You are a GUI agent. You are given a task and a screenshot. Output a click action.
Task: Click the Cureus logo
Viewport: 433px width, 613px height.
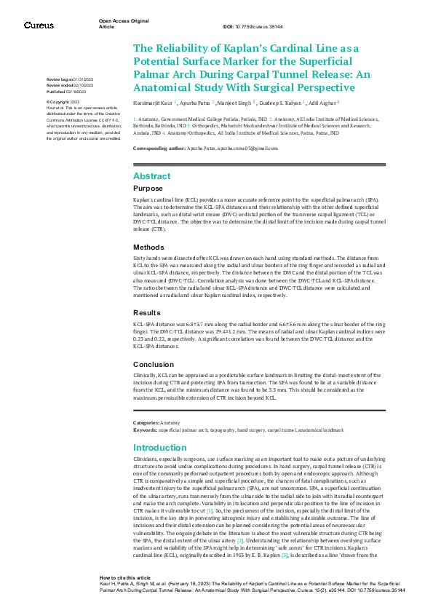click(x=38, y=25)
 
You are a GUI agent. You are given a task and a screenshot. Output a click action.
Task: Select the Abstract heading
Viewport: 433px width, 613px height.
click(x=151, y=176)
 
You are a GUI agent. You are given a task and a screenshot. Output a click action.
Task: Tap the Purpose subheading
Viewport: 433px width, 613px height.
click(x=148, y=188)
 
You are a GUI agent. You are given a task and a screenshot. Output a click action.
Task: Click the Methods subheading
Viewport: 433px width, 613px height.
click(x=148, y=247)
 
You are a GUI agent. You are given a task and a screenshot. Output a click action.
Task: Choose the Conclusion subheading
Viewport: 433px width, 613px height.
click(x=154, y=364)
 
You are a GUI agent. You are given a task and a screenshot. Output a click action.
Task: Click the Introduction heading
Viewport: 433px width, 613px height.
click(x=160, y=448)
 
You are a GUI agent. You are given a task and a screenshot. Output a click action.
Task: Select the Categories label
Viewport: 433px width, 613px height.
click(x=146, y=422)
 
